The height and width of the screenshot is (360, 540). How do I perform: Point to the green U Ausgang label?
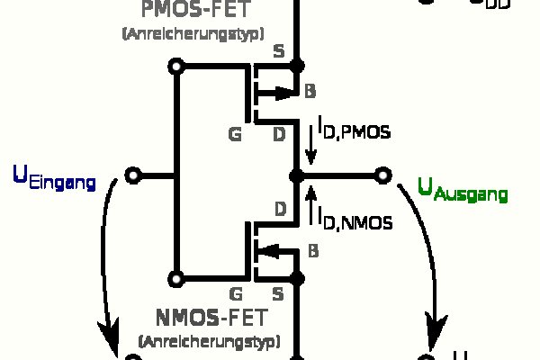[x=463, y=189]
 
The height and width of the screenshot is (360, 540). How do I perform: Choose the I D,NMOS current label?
[x=354, y=217]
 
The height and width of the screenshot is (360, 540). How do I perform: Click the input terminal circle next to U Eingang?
[x=132, y=175]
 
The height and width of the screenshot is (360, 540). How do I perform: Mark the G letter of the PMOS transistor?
[x=236, y=135]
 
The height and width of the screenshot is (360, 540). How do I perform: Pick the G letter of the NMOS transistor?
[x=236, y=293]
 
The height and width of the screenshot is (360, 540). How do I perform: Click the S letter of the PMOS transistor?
[x=278, y=50]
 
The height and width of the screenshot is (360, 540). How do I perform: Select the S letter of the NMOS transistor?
[x=278, y=293]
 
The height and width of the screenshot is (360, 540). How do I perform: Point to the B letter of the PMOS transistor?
[x=310, y=92]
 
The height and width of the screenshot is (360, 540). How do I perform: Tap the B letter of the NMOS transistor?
[x=312, y=250]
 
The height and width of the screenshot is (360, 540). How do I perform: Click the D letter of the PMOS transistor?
[x=279, y=135]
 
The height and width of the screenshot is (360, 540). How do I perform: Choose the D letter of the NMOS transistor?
[x=279, y=211]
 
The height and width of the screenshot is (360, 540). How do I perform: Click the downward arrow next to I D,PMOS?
[x=310, y=141]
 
